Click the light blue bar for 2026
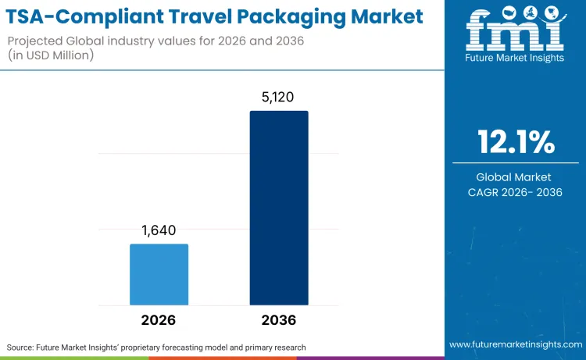click(159, 274)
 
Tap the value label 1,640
click(159, 230)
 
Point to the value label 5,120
click(279, 97)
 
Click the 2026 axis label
click(159, 320)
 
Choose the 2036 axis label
click(279, 320)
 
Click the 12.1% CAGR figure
click(516, 143)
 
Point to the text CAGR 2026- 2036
click(516, 192)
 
